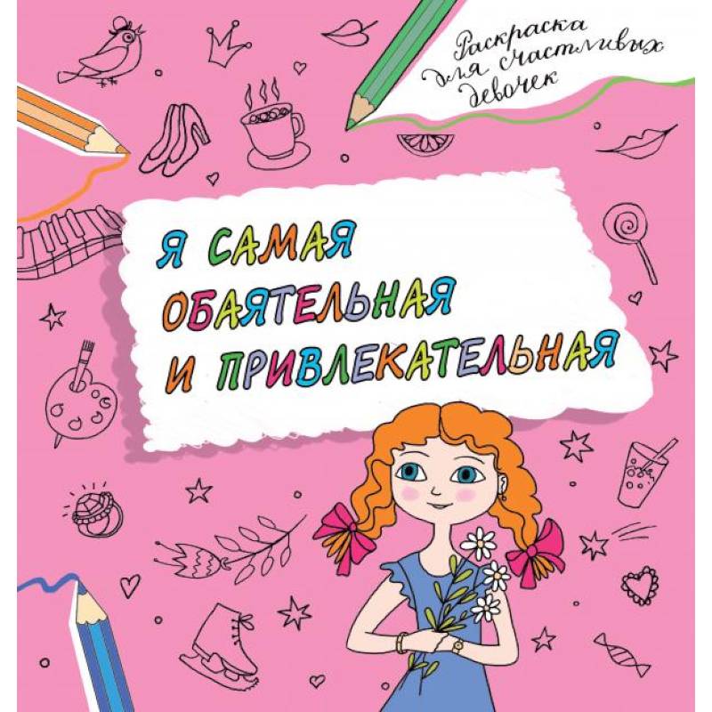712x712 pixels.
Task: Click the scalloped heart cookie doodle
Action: (638, 586)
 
